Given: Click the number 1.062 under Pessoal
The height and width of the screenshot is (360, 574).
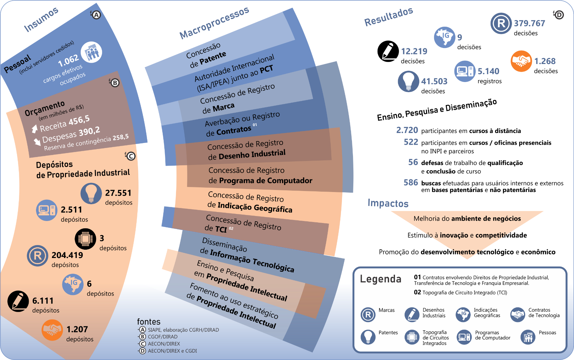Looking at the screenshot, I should pos(68,60).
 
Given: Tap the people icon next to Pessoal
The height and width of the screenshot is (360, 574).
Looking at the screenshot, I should pos(91,52).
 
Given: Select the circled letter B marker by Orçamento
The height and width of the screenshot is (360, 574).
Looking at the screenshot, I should pos(115,83).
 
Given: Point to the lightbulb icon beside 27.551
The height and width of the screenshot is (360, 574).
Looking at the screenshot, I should pos(91,193).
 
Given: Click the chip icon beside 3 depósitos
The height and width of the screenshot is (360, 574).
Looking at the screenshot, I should pos(85,239).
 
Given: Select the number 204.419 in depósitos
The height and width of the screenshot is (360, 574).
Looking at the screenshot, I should pos(67,255).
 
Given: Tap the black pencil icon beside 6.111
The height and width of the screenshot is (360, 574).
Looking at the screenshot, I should pos(18,301).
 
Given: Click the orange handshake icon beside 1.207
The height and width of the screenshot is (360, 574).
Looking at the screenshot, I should pos(52,330).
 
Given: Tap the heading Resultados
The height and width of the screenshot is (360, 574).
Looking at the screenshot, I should pos(388,17).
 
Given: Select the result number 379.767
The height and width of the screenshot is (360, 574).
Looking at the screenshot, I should pos(529,23).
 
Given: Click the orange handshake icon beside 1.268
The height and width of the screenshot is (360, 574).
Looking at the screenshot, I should pos(521,61).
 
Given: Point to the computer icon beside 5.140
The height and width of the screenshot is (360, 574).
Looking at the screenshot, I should pos(465,71).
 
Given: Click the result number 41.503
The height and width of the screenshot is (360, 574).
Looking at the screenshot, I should pos(434,81).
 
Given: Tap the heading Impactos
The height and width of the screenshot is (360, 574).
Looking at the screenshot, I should pos(388,203).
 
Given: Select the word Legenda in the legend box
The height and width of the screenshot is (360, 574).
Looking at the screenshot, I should pos(380,279).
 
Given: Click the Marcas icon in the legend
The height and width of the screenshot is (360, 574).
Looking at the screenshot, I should pos(368,315).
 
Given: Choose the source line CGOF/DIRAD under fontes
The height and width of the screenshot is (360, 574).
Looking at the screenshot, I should pos(163,337).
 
